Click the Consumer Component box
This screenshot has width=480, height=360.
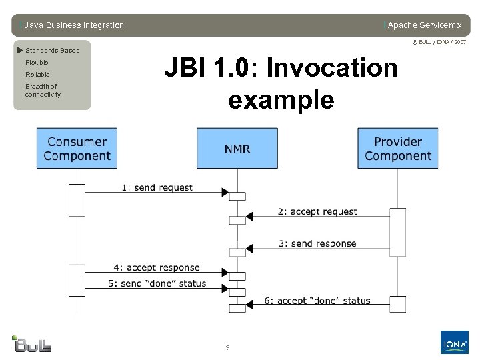coord(77,149)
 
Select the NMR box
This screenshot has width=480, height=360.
coord(237,149)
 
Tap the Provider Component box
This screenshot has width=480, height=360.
coord(398,149)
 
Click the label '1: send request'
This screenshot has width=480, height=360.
coord(157,187)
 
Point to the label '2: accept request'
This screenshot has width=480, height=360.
coord(317,211)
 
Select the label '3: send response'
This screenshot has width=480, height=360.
coord(317,243)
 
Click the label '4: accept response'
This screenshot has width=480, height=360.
coord(157,267)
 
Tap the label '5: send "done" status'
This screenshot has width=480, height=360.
coord(157,283)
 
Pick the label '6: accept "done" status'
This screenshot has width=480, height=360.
coord(317,301)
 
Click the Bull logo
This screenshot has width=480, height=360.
coord(31,343)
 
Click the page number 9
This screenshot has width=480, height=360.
coord(227,347)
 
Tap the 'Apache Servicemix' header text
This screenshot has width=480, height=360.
coord(424,25)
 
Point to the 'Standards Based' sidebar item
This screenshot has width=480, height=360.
coord(52,51)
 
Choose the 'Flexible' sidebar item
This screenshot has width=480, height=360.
coord(37,63)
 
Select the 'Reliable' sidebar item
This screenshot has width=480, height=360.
coord(37,75)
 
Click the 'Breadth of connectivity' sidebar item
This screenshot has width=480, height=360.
coord(42,91)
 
